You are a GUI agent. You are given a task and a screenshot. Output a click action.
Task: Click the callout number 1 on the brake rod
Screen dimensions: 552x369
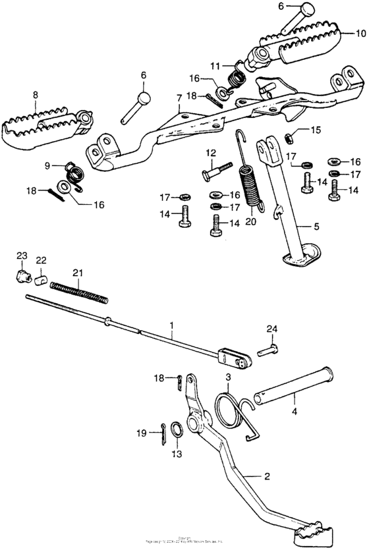point(172,325)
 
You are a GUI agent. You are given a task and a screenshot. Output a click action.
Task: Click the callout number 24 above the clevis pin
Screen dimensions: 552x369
point(271,328)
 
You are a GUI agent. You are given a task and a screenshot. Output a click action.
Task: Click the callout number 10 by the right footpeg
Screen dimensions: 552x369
point(360,33)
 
